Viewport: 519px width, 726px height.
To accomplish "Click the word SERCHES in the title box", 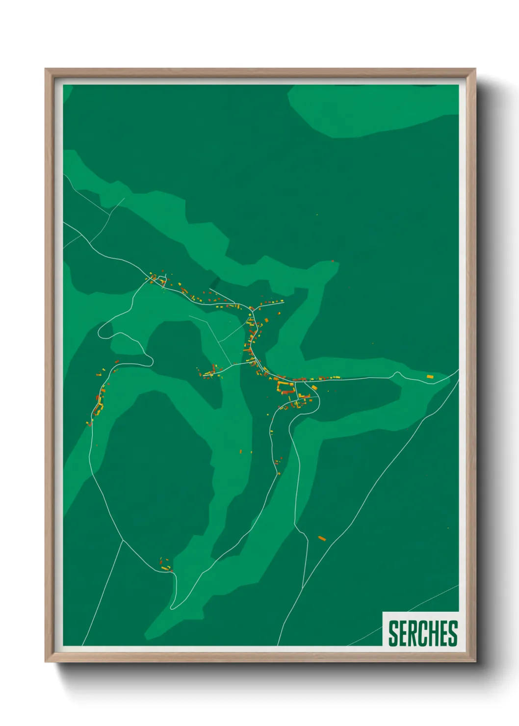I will (x=423, y=633).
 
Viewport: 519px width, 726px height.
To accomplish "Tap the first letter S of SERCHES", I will (x=393, y=633).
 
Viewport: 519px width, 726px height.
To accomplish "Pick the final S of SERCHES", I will (x=453, y=633).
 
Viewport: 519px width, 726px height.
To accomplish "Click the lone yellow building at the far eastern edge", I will (x=430, y=377).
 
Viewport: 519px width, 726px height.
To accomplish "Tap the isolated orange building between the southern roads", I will (x=322, y=539).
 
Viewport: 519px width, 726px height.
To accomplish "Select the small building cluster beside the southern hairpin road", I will (x=165, y=564).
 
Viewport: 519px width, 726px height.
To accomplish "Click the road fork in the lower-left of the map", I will (x=123, y=540).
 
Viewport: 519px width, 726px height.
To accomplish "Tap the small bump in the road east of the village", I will (x=397, y=374).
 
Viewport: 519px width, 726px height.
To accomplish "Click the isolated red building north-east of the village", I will (x=333, y=261).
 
